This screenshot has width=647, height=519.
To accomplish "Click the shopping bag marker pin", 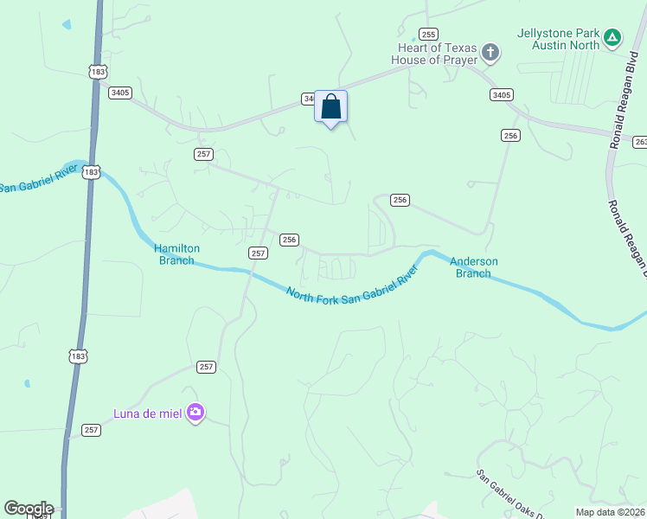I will pos(330,108).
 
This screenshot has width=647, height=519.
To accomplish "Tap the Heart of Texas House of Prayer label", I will pos(434,54).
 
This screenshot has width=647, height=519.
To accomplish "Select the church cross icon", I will pos(490,54).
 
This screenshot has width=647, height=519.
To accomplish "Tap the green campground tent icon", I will pos(612,37).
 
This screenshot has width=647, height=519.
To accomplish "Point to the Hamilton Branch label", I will pos(177,253).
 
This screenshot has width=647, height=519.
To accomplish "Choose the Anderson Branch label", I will pos(473,267).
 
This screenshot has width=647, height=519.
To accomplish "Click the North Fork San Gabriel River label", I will pos(352,284).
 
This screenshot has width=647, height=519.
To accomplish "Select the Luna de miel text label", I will pos(148,413).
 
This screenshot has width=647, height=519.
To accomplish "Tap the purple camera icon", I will pos(195,413).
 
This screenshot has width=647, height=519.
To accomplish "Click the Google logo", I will pos(29,509).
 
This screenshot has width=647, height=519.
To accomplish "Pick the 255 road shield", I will pos(428,34).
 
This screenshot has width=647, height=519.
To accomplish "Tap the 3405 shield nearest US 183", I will pos(120,93).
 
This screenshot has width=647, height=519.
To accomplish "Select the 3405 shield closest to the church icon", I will pos(501,94).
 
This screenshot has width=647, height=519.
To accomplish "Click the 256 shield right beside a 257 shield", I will pos(289,240).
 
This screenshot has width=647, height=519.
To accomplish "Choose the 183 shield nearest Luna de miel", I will pos(79,356).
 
